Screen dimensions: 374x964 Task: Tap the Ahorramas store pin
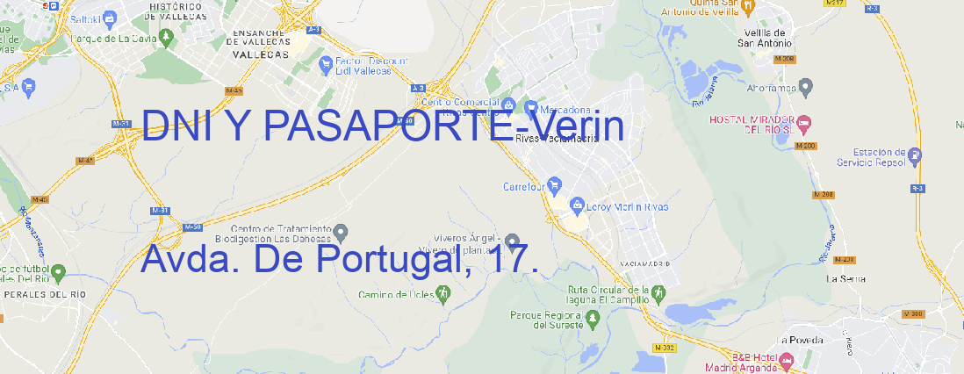click(x=807, y=86)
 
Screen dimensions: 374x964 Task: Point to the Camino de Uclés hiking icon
click(x=442, y=293)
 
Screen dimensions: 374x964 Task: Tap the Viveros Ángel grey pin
click(x=512, y=240)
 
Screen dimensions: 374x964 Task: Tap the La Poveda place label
click(x=800, y=340)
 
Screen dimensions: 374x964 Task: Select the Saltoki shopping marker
click(x=110, y=18)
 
